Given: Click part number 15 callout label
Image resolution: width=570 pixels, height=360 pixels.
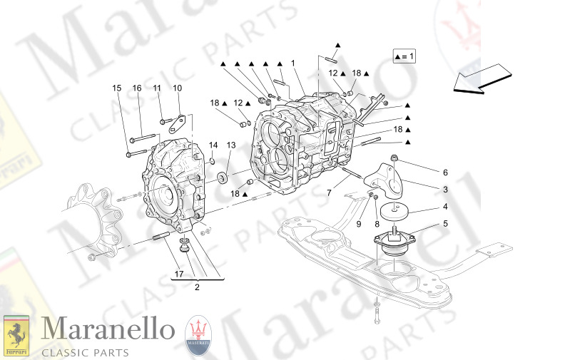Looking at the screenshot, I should click(116, 88).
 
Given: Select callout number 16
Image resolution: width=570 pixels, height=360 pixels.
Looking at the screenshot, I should click(137, 88).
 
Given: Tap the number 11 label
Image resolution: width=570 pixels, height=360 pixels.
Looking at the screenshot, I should click(157, 88).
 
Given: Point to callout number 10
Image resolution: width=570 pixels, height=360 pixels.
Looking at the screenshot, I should click(177, 88).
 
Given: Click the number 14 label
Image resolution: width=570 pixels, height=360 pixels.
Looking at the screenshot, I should click(213, 145).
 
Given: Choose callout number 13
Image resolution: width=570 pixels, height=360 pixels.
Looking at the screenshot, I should click(230, 145).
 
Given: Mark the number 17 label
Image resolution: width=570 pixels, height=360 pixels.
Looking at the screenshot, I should click(178, 273).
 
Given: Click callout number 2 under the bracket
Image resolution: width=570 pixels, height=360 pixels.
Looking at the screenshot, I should click(197, 287).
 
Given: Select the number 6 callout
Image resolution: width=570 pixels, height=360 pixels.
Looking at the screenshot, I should click(445, 173).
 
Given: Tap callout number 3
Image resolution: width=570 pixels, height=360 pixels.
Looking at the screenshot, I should click(445, 190).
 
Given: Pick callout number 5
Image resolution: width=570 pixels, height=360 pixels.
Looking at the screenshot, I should click(445, 224).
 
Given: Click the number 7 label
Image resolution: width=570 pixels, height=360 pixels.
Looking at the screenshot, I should click(329, 192).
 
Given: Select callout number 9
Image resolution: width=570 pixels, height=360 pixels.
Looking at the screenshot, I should click(360, 224).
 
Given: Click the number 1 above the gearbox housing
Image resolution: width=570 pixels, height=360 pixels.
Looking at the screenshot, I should click(292, 63).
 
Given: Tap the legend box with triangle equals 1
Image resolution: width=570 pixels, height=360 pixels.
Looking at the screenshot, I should click(404, 56).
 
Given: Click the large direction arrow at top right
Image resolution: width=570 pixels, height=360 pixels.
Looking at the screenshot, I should click(482, 78).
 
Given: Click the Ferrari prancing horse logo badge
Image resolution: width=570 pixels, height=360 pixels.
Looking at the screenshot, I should click(16, 335).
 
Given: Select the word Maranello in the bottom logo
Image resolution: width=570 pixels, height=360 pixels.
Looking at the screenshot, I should click(108, 330).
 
